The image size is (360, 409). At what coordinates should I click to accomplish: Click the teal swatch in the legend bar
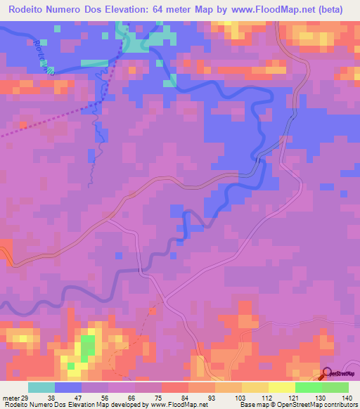click(41, 387)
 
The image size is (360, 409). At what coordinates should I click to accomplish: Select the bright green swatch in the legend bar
click(309, 387)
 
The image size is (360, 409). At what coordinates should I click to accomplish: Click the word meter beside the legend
click(11, 398)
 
